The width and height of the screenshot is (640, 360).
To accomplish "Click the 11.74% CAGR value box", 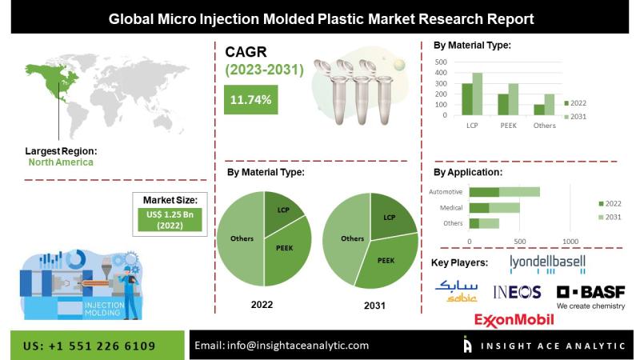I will click(251, 100).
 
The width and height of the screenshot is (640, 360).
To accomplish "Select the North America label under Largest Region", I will click(61, 162).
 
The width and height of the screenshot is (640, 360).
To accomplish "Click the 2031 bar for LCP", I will click(478, 96).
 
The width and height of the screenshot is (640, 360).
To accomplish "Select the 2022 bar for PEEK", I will click(503, 105).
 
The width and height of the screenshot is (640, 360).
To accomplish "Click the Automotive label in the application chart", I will click(446, 192).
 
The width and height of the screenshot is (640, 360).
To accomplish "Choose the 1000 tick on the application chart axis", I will click(570, 241).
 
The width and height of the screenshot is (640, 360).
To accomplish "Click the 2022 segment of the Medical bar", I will click(479, 207).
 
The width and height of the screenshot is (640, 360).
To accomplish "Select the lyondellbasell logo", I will click(547, 262).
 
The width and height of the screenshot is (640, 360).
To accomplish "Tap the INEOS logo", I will click(517, 292).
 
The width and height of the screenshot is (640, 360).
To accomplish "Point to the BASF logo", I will click(590, 292).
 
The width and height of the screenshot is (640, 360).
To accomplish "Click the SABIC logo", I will click(456, 292).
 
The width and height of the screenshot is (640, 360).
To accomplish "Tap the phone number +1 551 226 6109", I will click(90, 345).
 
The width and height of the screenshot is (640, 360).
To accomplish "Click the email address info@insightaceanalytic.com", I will click(282, 345).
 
